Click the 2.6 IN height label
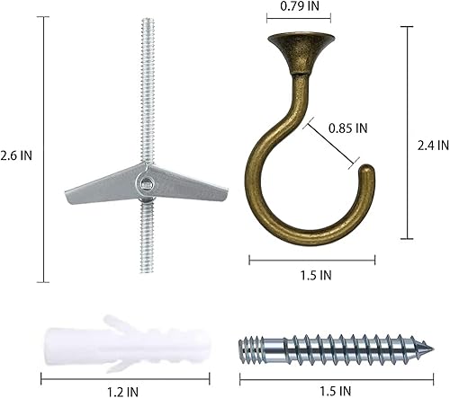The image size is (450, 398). pos(18,155)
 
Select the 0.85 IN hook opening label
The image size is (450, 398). pos(346,128)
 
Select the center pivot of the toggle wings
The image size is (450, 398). pos(143,183)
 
